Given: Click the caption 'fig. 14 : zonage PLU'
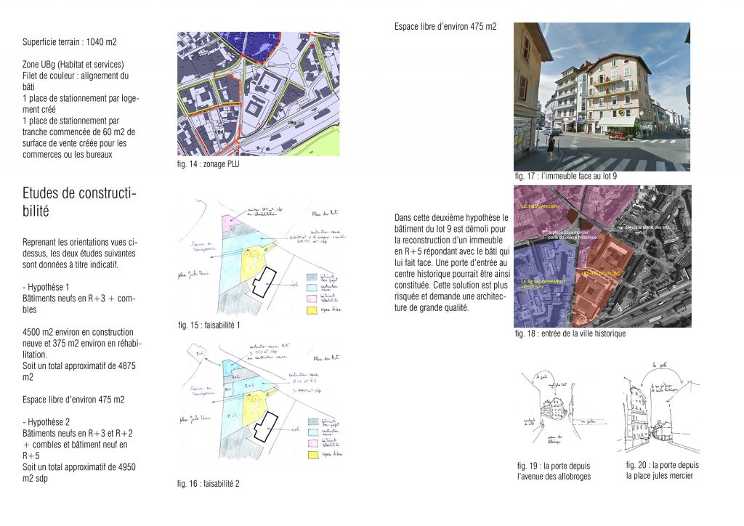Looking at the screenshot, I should (x=209, y=164).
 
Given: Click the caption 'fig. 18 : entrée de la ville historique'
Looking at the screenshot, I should (x=570, y=333).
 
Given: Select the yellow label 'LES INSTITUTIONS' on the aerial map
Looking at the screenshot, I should (x=601, y=273).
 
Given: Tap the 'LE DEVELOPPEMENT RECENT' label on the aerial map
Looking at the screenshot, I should (x=541, y=284).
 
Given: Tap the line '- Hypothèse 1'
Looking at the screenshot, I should (x=46, y=288).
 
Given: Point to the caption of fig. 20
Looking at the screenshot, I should (x=662, y=470).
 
